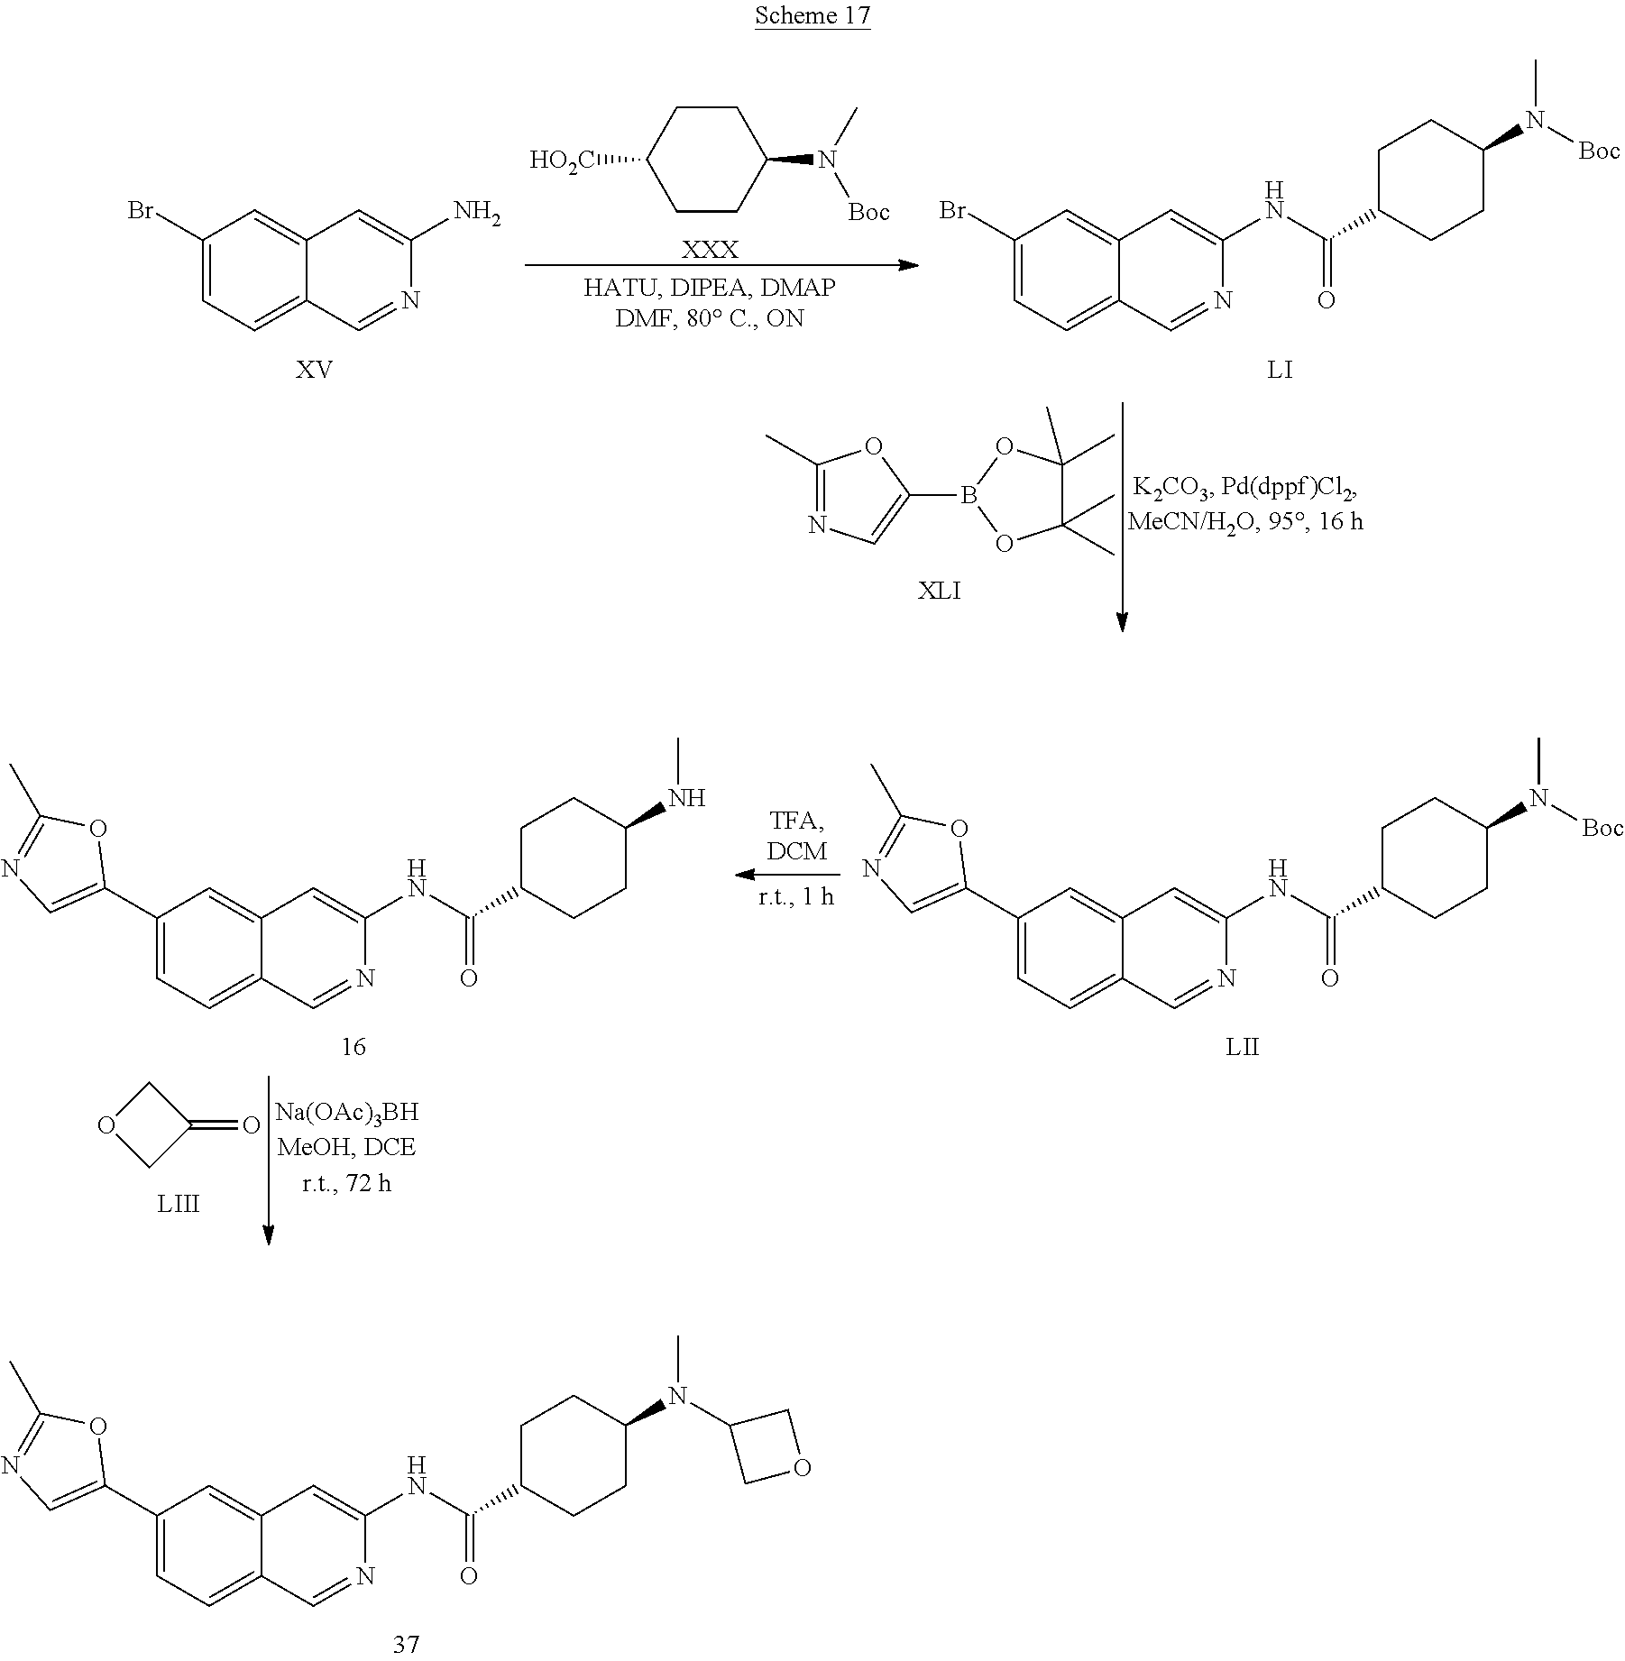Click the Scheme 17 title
point(812,15)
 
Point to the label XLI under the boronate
point(939,591)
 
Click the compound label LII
point(1242,1047)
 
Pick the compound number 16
point(353,1046)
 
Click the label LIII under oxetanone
point(178,1203)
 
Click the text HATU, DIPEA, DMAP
point(710,288)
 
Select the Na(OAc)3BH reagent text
point(347,1112)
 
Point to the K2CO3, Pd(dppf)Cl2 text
point(1244,489)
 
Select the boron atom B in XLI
point(969,494)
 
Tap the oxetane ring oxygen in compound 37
point(801,1468)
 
